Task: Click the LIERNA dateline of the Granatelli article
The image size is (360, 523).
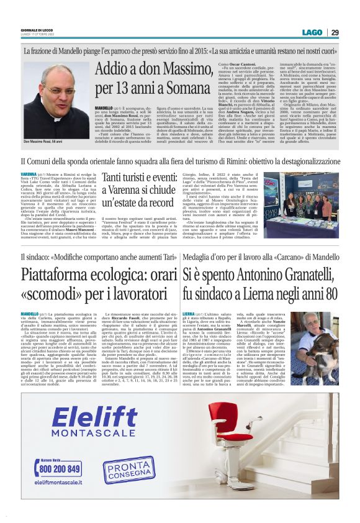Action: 189,315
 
